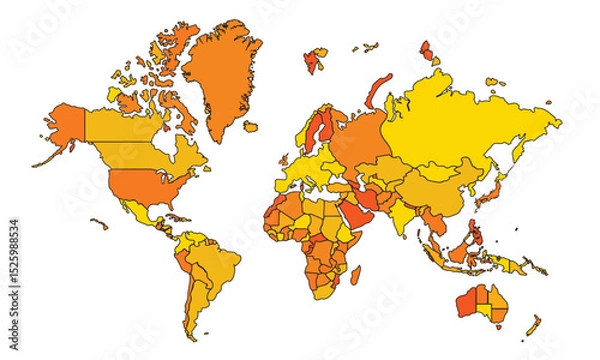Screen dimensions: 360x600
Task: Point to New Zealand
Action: click(536, 325)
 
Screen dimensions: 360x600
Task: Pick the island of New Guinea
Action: click(520, 262)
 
